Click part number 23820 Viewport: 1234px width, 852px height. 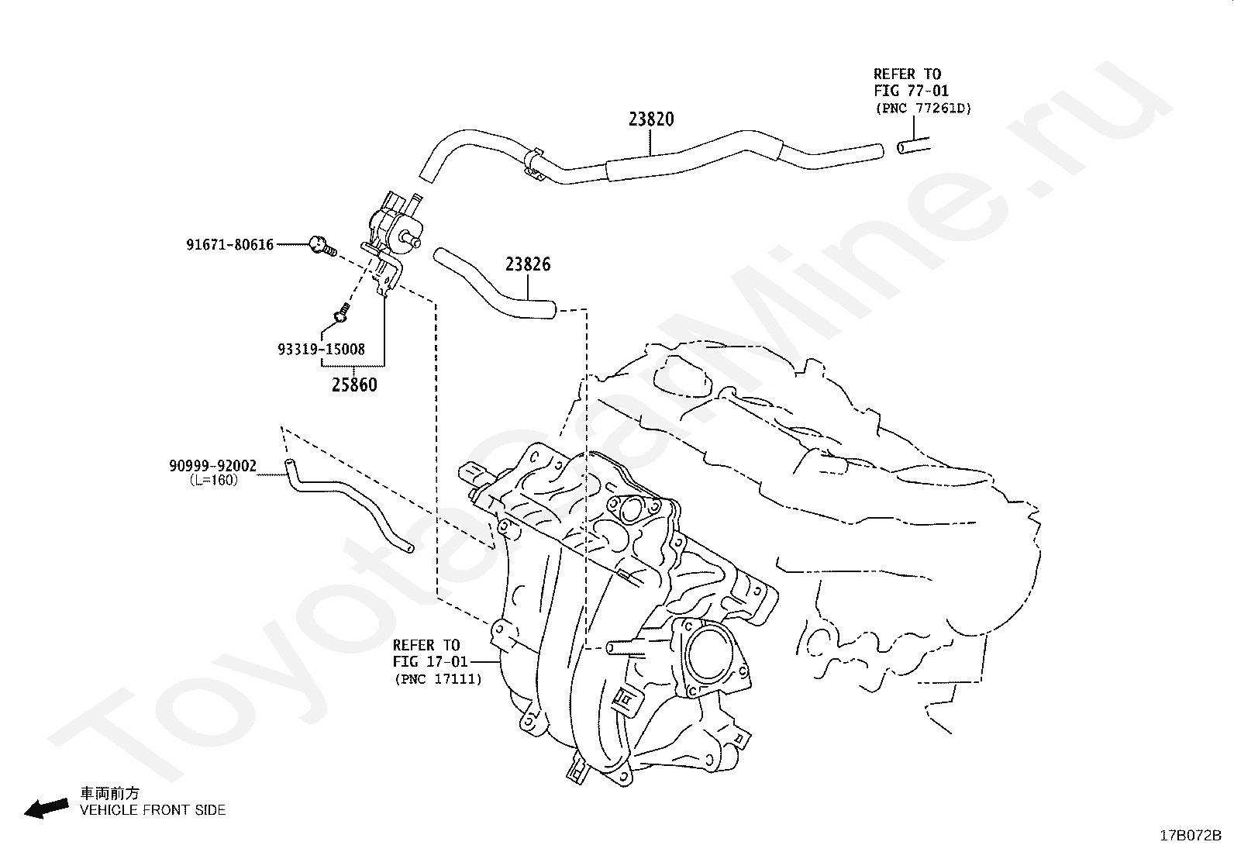(650, 119)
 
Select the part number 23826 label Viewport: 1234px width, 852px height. (528, 264)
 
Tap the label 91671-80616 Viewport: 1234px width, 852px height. (229, 245)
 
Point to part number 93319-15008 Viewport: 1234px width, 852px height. (321, 350)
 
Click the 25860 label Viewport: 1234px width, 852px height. (354, 385)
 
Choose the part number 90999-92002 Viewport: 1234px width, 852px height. (213, 467)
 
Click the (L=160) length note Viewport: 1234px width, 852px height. (213, 481)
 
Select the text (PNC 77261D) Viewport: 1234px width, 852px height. (923, 109)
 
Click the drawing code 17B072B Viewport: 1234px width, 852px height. (1190, 836)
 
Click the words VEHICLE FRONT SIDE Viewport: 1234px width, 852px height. (153, 810)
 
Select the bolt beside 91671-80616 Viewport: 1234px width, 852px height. (321, 246)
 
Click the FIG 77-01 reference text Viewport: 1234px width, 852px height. (911, 91)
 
